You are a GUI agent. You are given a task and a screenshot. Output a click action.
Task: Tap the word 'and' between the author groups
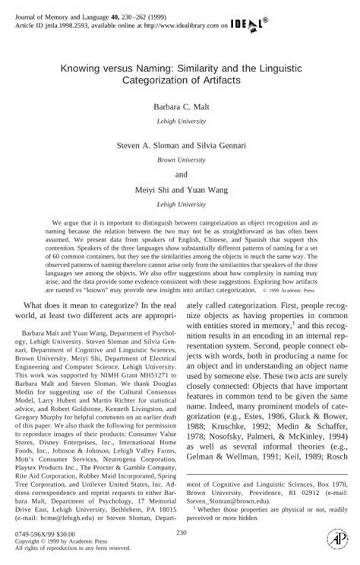click(180, 172)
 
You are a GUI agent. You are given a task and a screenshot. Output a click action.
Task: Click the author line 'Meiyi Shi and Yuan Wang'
click(180, 189)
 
